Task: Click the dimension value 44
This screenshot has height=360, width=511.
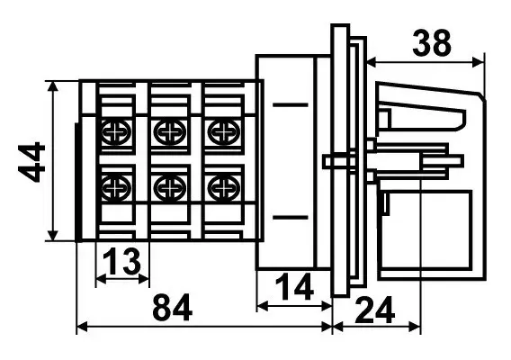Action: coord(31,162)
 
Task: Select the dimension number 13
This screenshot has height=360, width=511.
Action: coord(121,261)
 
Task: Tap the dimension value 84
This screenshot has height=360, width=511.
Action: coord(172,308)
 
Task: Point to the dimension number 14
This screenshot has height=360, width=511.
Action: coord(294,286)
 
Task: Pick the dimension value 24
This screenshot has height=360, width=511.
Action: coord(375,310)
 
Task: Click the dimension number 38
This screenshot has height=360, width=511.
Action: coord(432,42)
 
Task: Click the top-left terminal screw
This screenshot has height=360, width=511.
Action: coord(116,132)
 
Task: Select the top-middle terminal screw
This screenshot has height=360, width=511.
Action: coord(170,132)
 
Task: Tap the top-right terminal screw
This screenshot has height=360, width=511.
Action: coord(224,132)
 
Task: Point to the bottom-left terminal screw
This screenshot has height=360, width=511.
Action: coord(116,188)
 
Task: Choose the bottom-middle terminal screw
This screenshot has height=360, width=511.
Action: coord(170,188)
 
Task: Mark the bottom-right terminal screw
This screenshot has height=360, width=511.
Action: coord(224,188)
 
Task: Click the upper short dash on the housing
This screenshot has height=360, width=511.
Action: coord(291,105)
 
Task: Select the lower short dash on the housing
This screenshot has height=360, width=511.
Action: coord(291,217)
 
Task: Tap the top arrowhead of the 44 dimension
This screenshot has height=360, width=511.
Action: coord(52,86)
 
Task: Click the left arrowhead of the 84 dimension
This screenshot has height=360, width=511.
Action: coord(82,327)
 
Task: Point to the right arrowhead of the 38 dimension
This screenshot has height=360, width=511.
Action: coord(478,61)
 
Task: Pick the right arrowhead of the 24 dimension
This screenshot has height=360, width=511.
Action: coord(415,327)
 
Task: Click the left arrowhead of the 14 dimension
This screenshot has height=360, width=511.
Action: coord(263,306)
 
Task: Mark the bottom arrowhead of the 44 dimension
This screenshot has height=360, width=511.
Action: coord(52,236)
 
